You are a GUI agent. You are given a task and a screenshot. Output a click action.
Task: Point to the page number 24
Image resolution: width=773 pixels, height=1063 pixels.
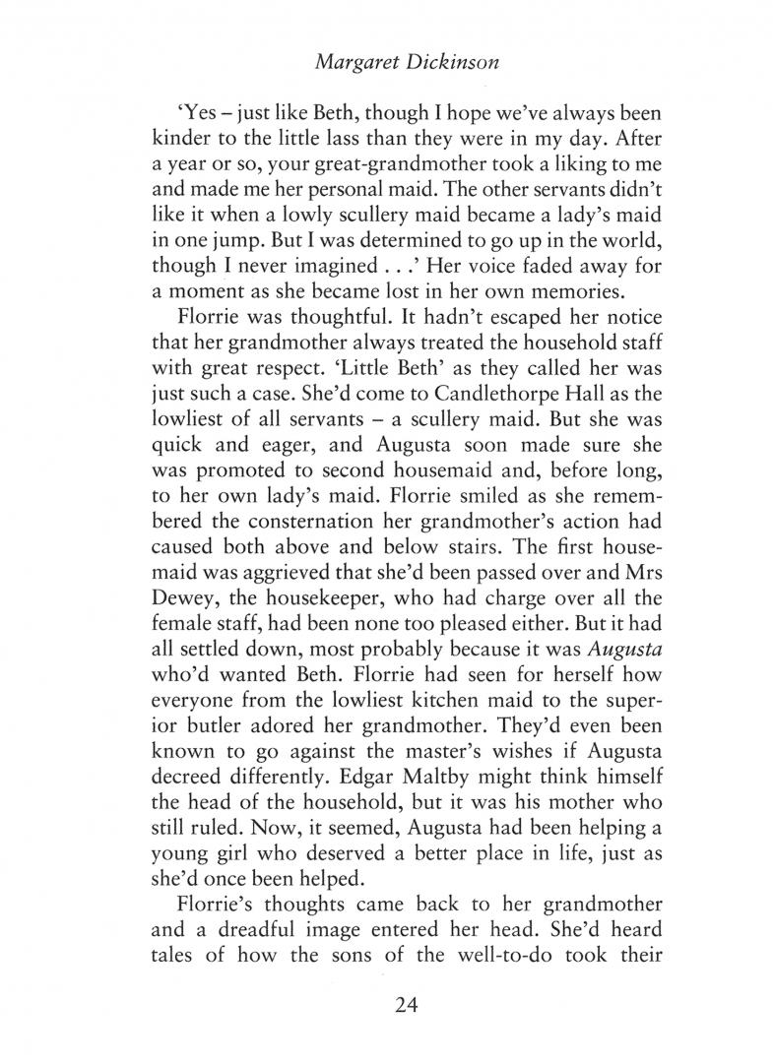[386, 1005]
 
